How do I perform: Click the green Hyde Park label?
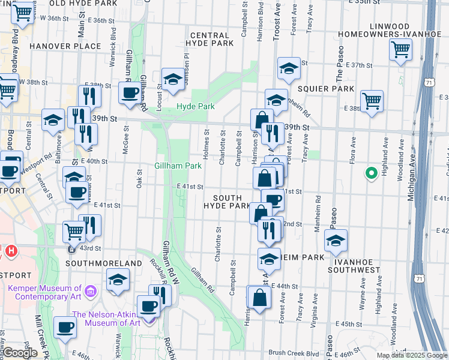click(194, 107)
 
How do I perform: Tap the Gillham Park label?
click(178, 166)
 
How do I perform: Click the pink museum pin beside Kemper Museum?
click(91, 292)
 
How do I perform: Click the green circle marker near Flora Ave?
click(371, 174)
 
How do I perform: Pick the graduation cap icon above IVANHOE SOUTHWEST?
click(335, 240)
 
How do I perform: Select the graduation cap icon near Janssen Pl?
click(173, 79)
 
